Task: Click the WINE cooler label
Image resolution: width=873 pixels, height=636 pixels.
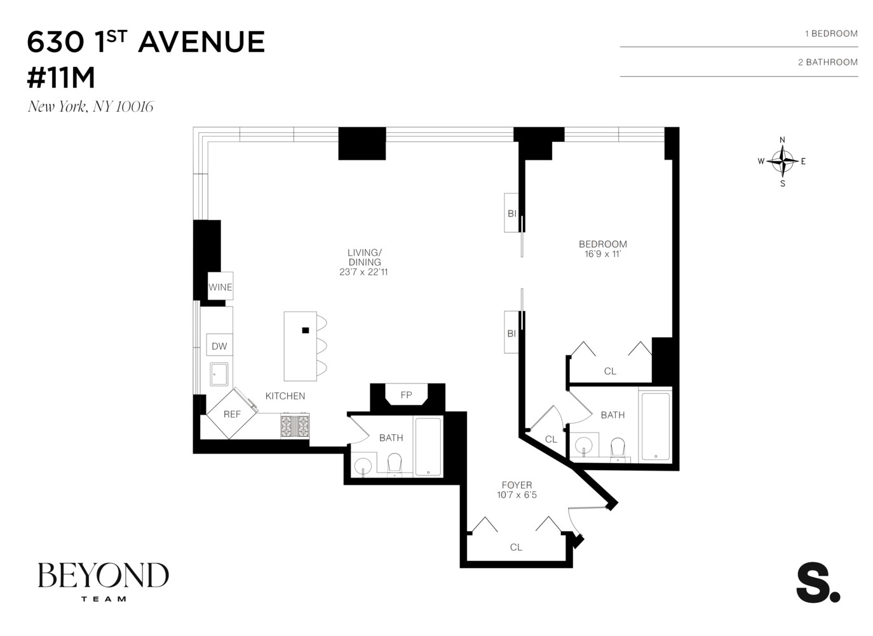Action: pos(220,287)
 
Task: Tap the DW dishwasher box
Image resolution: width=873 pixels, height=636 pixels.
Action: pos(219,346)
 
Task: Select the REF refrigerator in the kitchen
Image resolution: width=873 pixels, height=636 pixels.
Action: pos(232,414)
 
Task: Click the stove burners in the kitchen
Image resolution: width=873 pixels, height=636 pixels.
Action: pos(295,425)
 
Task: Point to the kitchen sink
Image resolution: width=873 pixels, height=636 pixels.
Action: pos(219,374)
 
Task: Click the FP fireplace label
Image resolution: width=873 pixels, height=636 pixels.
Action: pos(407,395)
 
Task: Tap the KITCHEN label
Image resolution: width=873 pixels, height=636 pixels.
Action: pos(285,396)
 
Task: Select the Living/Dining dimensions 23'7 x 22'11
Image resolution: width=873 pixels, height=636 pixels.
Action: pos(364,272)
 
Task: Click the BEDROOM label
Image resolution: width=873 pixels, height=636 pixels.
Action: pos(603,244)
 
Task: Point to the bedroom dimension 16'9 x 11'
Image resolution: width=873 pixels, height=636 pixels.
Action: pos(603,254)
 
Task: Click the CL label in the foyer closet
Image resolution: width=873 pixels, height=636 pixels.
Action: pos(516,547)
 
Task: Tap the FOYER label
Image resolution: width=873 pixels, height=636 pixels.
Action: pos(517,485)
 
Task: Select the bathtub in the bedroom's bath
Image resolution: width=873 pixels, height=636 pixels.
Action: pos(655,426)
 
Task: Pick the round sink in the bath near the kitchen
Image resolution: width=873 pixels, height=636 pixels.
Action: pos(363,466)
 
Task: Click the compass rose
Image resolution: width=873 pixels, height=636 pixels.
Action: pos(782,162)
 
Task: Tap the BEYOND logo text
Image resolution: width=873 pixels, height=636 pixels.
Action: pos(104,576)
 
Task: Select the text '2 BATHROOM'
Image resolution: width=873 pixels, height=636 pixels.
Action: pos(828,62)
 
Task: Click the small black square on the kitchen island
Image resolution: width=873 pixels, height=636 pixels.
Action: pos(306,330)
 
